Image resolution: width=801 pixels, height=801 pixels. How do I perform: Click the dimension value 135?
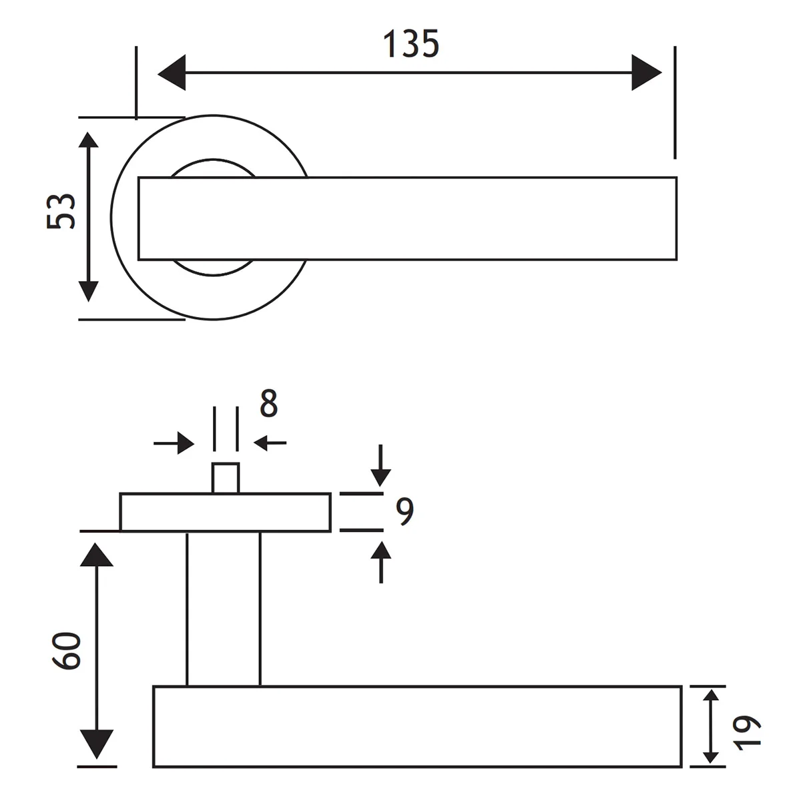(411, 44)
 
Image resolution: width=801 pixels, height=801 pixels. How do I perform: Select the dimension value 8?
(268, 404)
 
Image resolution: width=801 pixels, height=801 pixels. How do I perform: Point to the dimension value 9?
(404, 511)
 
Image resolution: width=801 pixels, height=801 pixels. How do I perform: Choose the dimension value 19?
(749, 732)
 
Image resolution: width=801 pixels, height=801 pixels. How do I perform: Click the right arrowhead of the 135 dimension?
(646, 72)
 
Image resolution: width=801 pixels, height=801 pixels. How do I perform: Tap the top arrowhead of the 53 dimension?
(88, 141)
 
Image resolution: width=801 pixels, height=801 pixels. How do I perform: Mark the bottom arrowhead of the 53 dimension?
(88, 292)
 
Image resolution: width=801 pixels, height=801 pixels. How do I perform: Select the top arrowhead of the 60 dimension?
(97, 555)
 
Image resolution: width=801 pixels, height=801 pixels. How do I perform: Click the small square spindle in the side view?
(226, 478)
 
